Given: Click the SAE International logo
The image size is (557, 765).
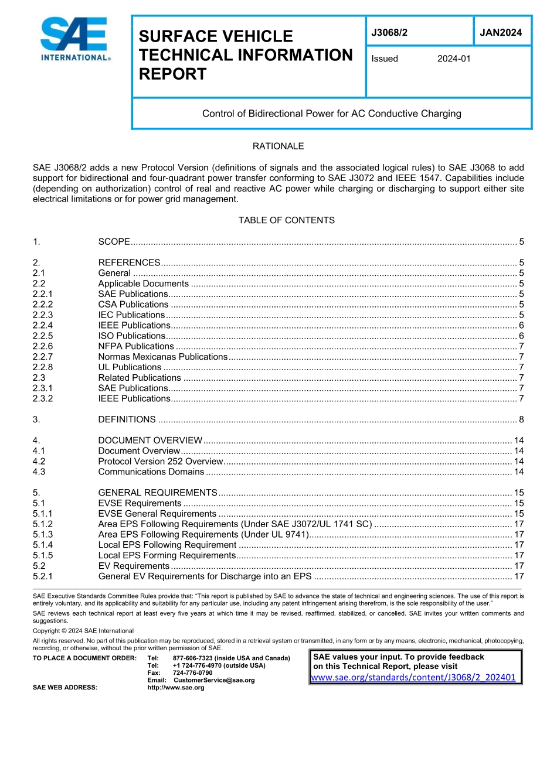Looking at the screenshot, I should click(74, 39).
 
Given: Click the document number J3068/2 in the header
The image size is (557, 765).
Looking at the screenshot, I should click(389, 33).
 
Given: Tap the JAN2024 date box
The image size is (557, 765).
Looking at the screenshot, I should click(501, 33).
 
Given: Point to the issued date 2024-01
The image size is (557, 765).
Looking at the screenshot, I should click(454, 59).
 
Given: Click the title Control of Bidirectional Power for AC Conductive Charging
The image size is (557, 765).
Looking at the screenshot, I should click(331, 114).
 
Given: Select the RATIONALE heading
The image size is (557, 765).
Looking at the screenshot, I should click(278, 146).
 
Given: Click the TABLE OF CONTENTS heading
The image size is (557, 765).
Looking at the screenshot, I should click(286, 220).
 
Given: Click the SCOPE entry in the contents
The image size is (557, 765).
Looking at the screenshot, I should click(114, 242).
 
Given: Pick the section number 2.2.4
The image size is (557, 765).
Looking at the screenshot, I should click(43, 326).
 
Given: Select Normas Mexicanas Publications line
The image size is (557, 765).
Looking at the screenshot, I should click(162, 357).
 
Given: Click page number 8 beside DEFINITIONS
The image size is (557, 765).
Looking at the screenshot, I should click(521, 419).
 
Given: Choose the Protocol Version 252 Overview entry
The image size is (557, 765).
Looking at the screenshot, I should click(161, 462).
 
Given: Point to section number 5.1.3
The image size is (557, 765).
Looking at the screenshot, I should click(43, 535).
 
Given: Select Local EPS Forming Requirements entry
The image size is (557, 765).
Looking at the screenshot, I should click(167, 555).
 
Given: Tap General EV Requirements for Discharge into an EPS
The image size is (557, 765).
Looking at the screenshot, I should click(205, 576).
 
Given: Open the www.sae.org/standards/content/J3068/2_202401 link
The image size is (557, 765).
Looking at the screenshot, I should click(413, 678).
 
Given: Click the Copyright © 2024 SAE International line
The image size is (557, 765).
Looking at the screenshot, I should click(83, 631).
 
